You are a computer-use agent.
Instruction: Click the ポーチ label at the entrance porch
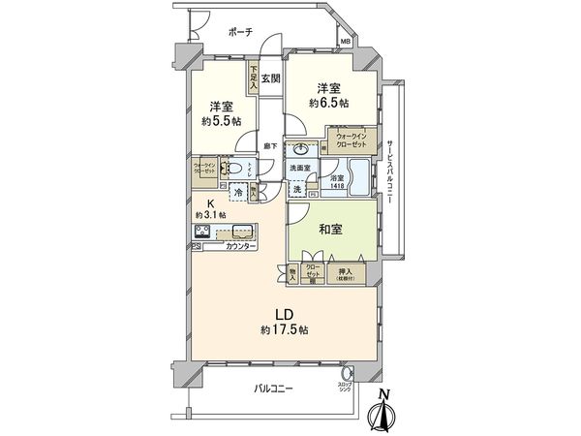tap(240, 32)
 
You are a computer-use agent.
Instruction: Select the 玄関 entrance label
tap(270, 79)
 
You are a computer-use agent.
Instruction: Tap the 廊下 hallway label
tap(271, 146)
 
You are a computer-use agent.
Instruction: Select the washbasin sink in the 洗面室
tap(302, 150)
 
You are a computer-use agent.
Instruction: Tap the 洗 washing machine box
tap(296, 189)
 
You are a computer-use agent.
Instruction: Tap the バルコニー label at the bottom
tap(274, 388)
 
